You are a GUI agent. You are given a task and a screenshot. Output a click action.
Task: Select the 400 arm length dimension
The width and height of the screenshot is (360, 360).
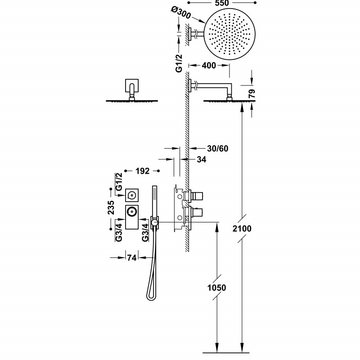click(209, 66)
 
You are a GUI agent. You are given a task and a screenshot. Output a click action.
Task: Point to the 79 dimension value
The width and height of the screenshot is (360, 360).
click(252, 94)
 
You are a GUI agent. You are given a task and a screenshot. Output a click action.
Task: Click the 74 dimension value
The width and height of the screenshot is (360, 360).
click(131, 258)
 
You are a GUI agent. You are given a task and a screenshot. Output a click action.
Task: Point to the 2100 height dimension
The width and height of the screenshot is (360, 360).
click(243, 229)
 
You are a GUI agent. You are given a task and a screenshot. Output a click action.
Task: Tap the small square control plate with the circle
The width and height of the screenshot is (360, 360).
click(132, 194)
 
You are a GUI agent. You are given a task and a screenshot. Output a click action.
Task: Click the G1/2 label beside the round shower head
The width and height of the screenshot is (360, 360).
click(179, 63)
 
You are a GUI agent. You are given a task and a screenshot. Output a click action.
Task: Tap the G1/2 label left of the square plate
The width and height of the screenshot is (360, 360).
click(119, 181)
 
